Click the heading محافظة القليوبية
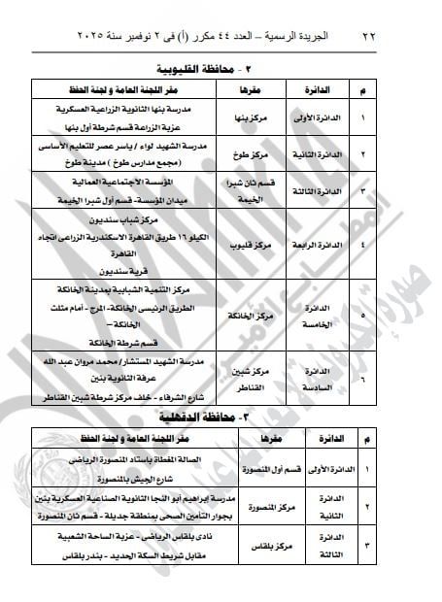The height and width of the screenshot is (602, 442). (x=208, y=69)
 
